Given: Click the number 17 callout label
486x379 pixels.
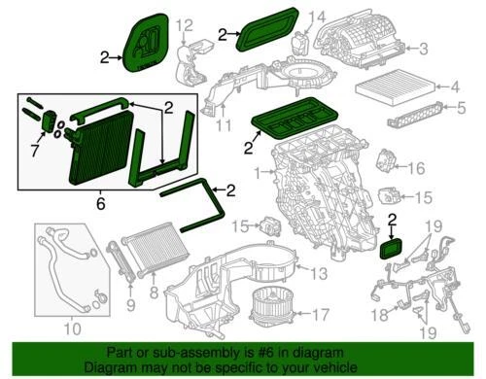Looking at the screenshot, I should [x=321, y=314].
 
